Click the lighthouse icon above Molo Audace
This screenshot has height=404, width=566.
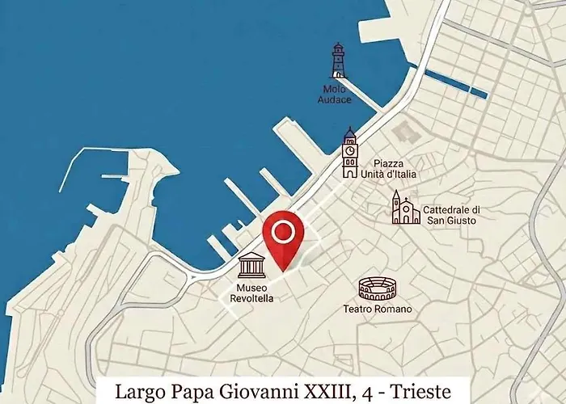pos(338,61)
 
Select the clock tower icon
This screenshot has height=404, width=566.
pos(349,153)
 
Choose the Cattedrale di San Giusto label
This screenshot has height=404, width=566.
pos(450,215)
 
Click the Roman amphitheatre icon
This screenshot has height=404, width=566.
pos(377,288)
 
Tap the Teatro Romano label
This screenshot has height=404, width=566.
pos(378,309)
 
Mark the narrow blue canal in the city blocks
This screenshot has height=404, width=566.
pos(457,84)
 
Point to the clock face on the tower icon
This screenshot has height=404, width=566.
pos(349,149)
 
